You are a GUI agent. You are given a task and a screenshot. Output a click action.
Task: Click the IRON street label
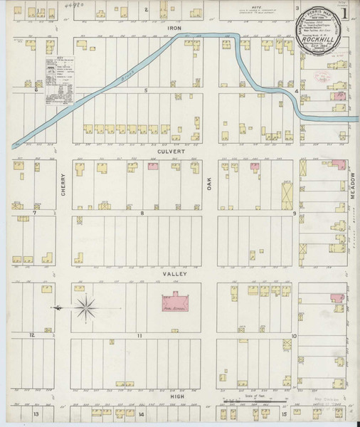174,28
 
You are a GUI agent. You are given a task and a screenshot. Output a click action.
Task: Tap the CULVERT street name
174,152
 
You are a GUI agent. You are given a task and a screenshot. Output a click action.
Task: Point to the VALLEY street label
174,274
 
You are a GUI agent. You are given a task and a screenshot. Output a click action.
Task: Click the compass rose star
85,307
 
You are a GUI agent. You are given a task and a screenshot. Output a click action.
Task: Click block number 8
142,213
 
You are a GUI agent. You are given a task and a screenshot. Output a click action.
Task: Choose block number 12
31,334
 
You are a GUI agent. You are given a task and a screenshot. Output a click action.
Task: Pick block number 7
33,213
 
